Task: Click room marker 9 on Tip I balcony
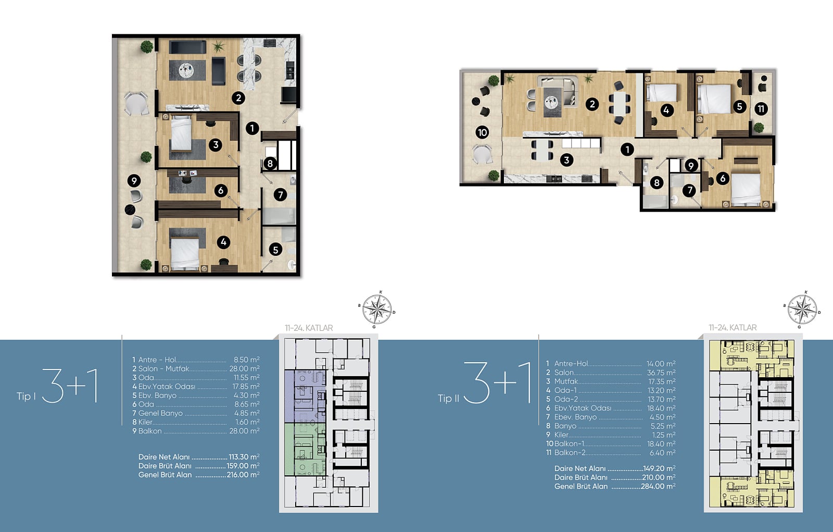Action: (134, 181)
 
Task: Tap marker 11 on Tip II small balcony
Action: (761, 109)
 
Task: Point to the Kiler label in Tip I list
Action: (145, 422)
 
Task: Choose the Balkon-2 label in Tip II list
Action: (570, 453)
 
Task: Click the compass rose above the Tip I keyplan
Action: (377, 309)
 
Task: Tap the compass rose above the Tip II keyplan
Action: (802, 310)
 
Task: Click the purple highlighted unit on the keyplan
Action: (305, 396)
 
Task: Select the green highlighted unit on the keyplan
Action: (305, 449)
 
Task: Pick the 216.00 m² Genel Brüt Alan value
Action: (243, 475)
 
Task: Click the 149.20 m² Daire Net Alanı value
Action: (659, 468)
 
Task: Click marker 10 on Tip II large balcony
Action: (482, 132)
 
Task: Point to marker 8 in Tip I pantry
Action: (270, 163)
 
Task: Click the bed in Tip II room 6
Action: (746, 189)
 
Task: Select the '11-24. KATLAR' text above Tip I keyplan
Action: (309, 328)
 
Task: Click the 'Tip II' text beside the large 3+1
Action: (448, 398)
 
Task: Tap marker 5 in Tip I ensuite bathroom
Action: (275, 250)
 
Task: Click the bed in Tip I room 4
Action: (185, 254)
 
